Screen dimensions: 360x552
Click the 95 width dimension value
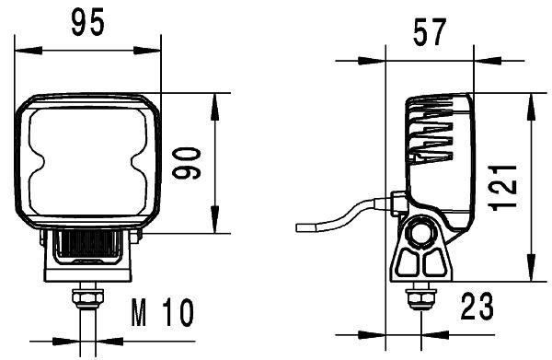[x=87, y=23]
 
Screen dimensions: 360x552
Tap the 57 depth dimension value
[x=429, y=35]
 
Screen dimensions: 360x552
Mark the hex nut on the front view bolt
[x=87, y=298]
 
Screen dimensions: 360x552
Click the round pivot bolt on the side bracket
[x=423, y=234]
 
